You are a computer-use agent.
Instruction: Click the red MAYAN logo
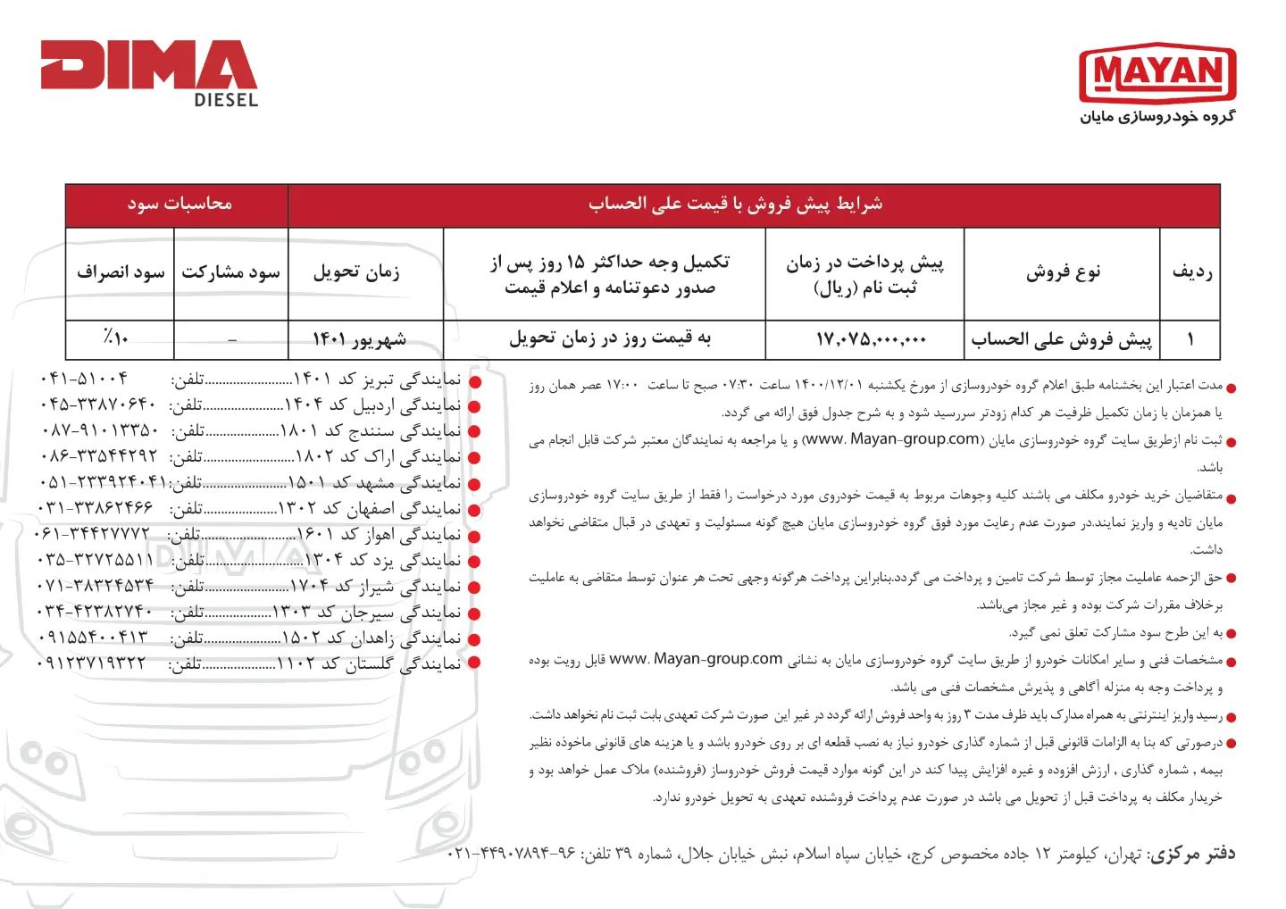[1157, 73]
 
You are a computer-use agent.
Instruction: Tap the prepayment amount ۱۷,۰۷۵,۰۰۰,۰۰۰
[871, 339]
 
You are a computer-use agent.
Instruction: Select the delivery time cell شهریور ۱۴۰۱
[359, 339]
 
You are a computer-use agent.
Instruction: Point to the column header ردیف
[1191, 272]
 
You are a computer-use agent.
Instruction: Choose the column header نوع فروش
[1063, 272]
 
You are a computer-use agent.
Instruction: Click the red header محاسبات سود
[179, 204]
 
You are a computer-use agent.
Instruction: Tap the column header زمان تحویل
[356, 272]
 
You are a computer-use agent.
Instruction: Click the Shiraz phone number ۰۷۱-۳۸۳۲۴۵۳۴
[96, 587]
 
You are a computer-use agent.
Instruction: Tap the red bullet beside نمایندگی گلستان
[474, 663]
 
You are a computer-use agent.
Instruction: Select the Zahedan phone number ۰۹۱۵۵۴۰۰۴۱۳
[93, 638]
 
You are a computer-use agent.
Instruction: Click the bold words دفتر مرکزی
[1191, 855]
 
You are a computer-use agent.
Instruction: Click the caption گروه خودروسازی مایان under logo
[1157, 117]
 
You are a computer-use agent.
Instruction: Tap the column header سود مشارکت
[230, 272]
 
